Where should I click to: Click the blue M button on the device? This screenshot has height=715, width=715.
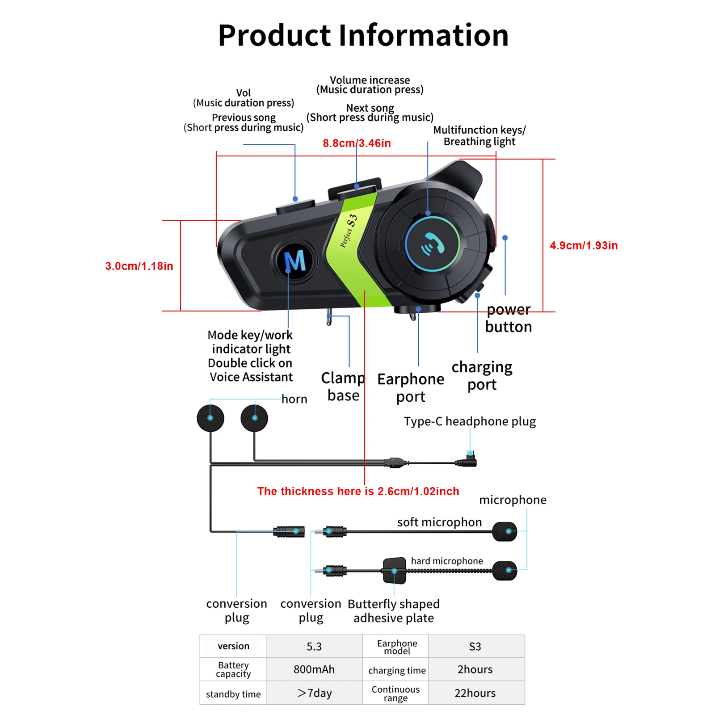tap(294, 261)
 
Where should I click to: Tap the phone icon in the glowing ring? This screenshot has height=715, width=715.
tap(433, 244)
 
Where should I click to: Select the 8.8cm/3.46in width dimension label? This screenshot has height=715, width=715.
tap(357, 143)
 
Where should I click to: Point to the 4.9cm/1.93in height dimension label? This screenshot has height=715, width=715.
tap(584, 245)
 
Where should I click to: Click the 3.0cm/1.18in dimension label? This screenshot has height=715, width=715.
tap(139, 266)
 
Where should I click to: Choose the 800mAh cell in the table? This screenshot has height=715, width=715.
tap(314, 669)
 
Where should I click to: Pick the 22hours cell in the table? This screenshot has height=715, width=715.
tap(475, 693)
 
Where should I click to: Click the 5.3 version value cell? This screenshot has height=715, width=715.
tap(314, 646)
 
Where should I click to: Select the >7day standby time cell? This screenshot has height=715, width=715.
tap(314, 693)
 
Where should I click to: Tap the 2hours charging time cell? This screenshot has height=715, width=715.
tap(475, 669)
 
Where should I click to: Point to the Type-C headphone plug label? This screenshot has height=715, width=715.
tap(470, 421)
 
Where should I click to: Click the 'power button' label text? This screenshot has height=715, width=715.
tap(509, 318)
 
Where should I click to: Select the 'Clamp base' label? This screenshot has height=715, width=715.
tap(343, 387)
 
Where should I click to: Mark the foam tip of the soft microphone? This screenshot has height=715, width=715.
tap(505, 531)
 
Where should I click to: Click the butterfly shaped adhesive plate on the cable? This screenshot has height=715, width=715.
tap(395, 571)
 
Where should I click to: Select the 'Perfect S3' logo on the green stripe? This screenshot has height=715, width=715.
tap(349, 230)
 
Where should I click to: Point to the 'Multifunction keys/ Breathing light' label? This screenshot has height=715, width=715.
tap(479, 135)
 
